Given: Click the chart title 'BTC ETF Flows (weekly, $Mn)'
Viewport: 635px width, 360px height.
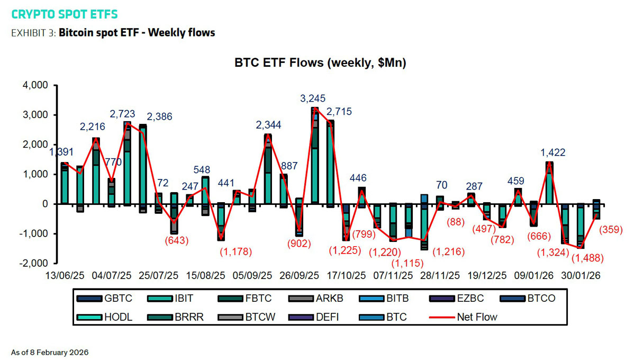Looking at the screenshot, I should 320,63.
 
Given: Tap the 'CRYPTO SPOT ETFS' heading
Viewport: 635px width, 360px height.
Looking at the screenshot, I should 65,14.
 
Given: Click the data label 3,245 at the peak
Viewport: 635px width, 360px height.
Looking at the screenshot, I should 313,98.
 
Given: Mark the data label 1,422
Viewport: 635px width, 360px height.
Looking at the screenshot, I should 552,153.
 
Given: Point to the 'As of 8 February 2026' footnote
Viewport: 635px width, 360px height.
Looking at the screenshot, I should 50,352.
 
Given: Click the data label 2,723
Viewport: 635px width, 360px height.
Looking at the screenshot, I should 122,114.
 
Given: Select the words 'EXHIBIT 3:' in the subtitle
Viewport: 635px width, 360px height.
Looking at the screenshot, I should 33,33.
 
